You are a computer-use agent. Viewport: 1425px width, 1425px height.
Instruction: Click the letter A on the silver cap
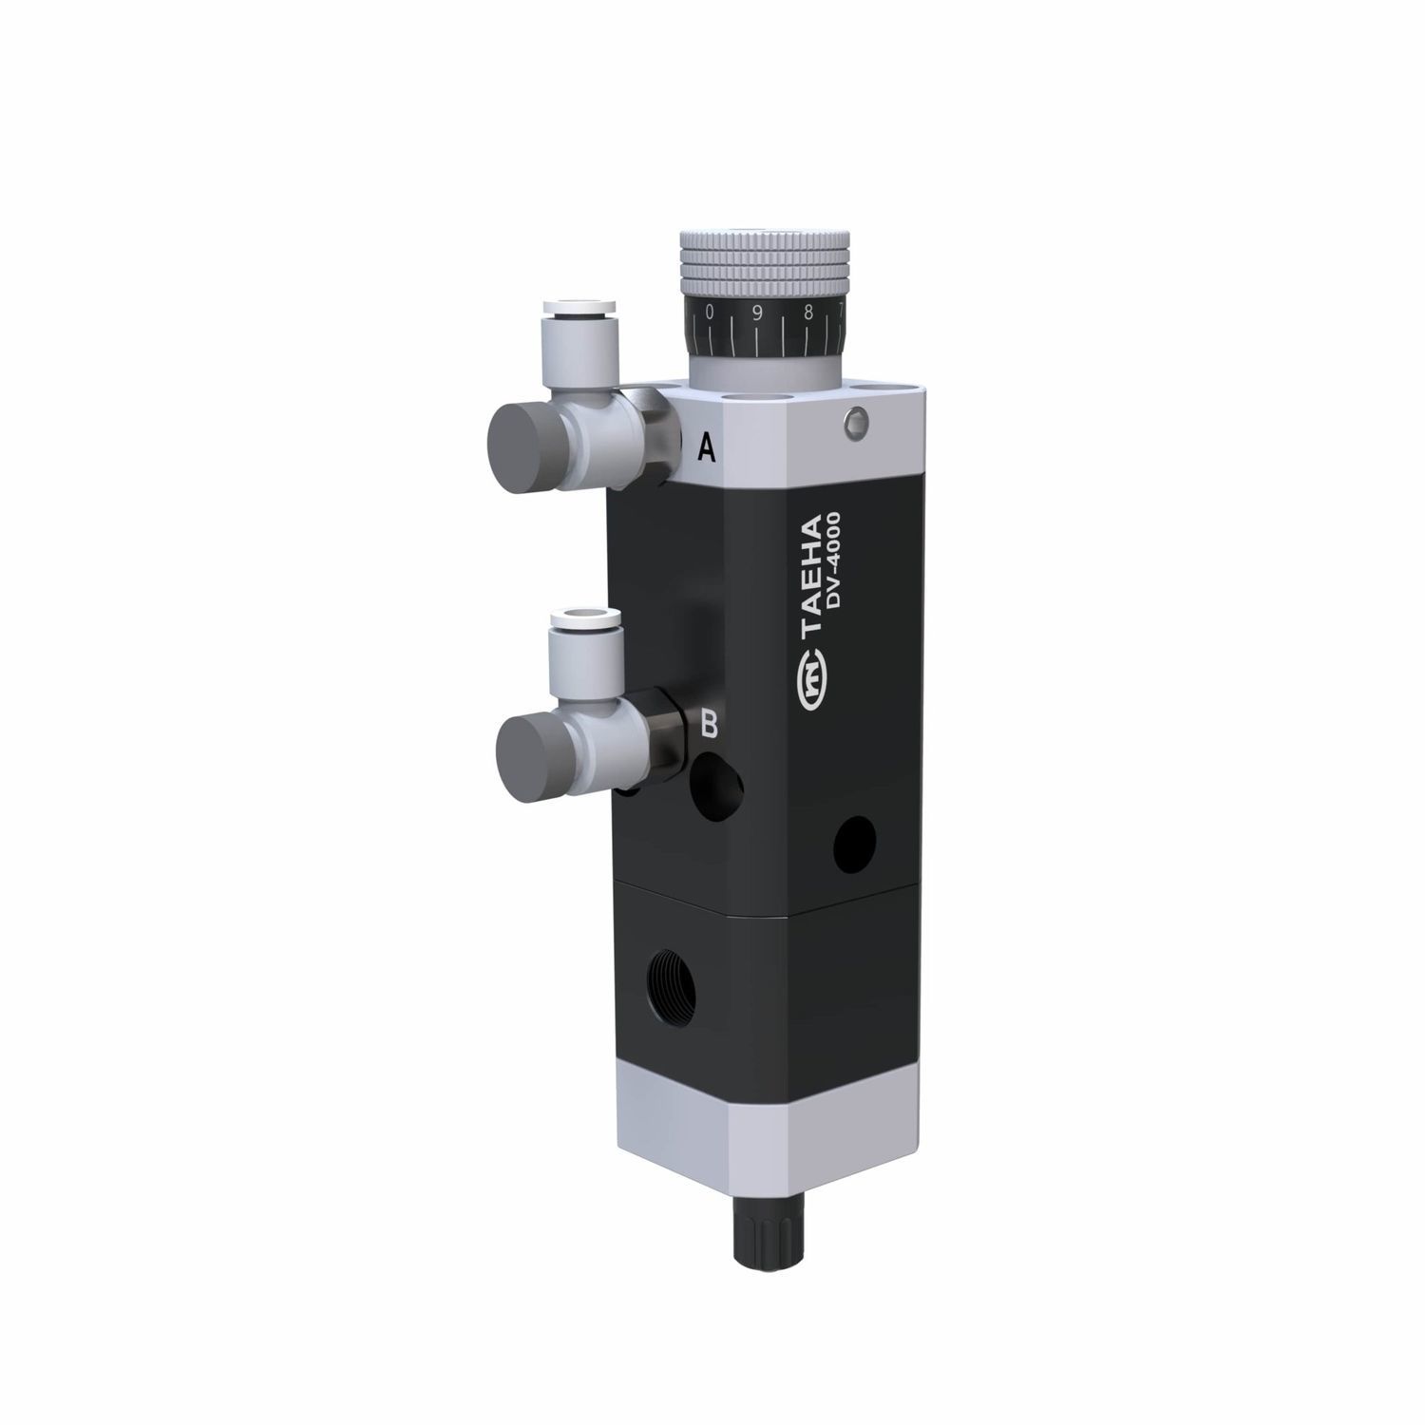pos(706,446)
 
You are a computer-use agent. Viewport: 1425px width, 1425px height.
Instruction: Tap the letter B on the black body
pos(709,725)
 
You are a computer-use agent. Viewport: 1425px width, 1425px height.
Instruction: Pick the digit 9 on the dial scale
pos(757,314)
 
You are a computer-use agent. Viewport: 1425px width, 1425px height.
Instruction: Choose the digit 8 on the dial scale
pos(807,313)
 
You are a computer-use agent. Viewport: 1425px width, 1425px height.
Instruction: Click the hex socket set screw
pos(858,424)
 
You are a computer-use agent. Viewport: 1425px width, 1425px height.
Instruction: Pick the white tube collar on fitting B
pos(585,621)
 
